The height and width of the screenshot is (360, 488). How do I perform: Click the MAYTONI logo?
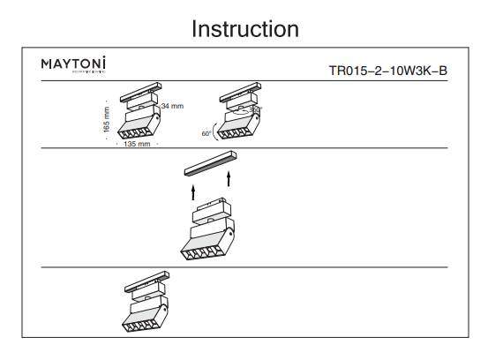tap(73, 65)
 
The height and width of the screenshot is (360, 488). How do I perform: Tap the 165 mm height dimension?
tap(108, 119)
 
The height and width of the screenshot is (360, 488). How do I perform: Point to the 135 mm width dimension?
tap(136, 144)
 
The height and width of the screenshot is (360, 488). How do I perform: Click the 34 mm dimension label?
tap(172, 106)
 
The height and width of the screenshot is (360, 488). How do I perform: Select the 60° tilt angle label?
tap(206, 133)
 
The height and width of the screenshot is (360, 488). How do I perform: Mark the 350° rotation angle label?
tap(255, 109)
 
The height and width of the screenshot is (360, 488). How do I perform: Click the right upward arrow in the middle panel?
tap(229, 181)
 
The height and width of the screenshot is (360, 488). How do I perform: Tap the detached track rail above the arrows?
tap(211, 165)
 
